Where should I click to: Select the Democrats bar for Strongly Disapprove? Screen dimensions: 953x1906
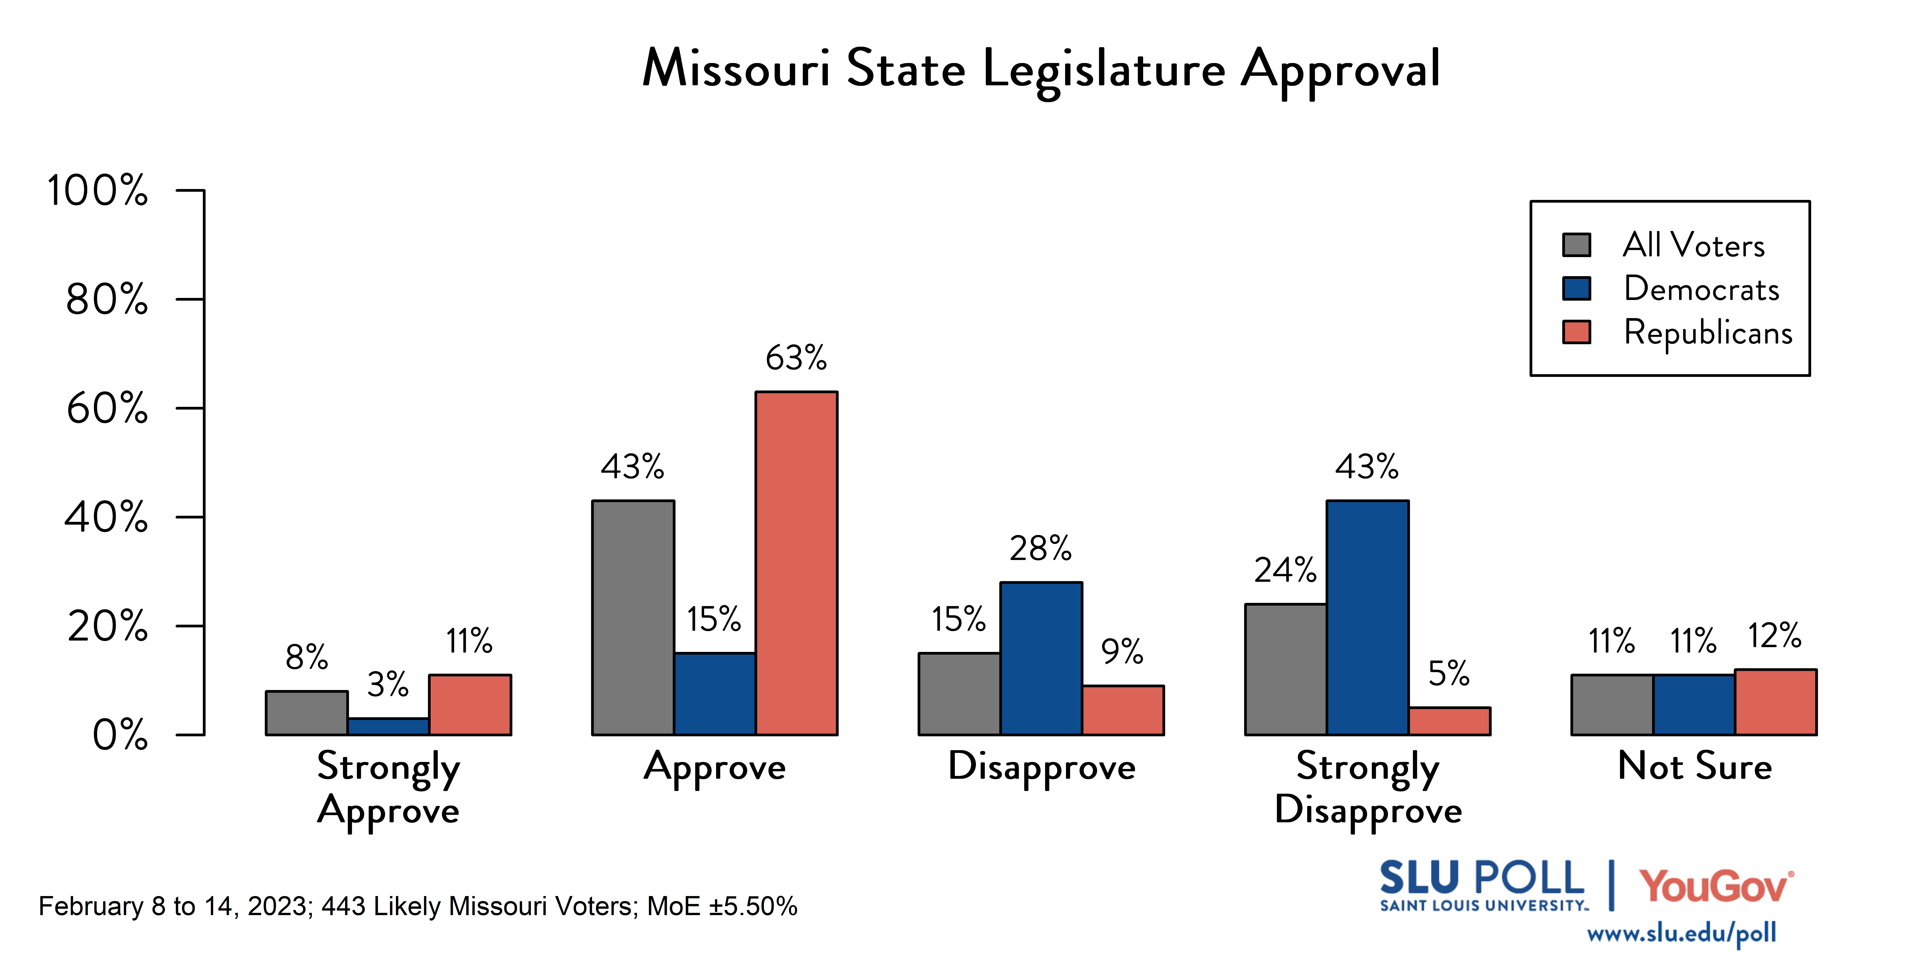[x=1367, y=618]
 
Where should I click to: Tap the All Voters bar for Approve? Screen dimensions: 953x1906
[x=633, y=618]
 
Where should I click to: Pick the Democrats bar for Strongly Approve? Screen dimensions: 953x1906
[x=388, y=727]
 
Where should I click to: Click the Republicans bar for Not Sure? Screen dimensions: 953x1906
[x=1776, y=702]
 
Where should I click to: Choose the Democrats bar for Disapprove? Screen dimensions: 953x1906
[x=1041, y=658]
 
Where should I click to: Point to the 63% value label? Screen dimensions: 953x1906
[x=796, y=358]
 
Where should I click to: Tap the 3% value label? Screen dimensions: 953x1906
[x=388, y=684]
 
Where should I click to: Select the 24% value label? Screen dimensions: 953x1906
[x=1285, y=570]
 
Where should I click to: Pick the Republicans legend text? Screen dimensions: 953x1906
[x=1708, y=332]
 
